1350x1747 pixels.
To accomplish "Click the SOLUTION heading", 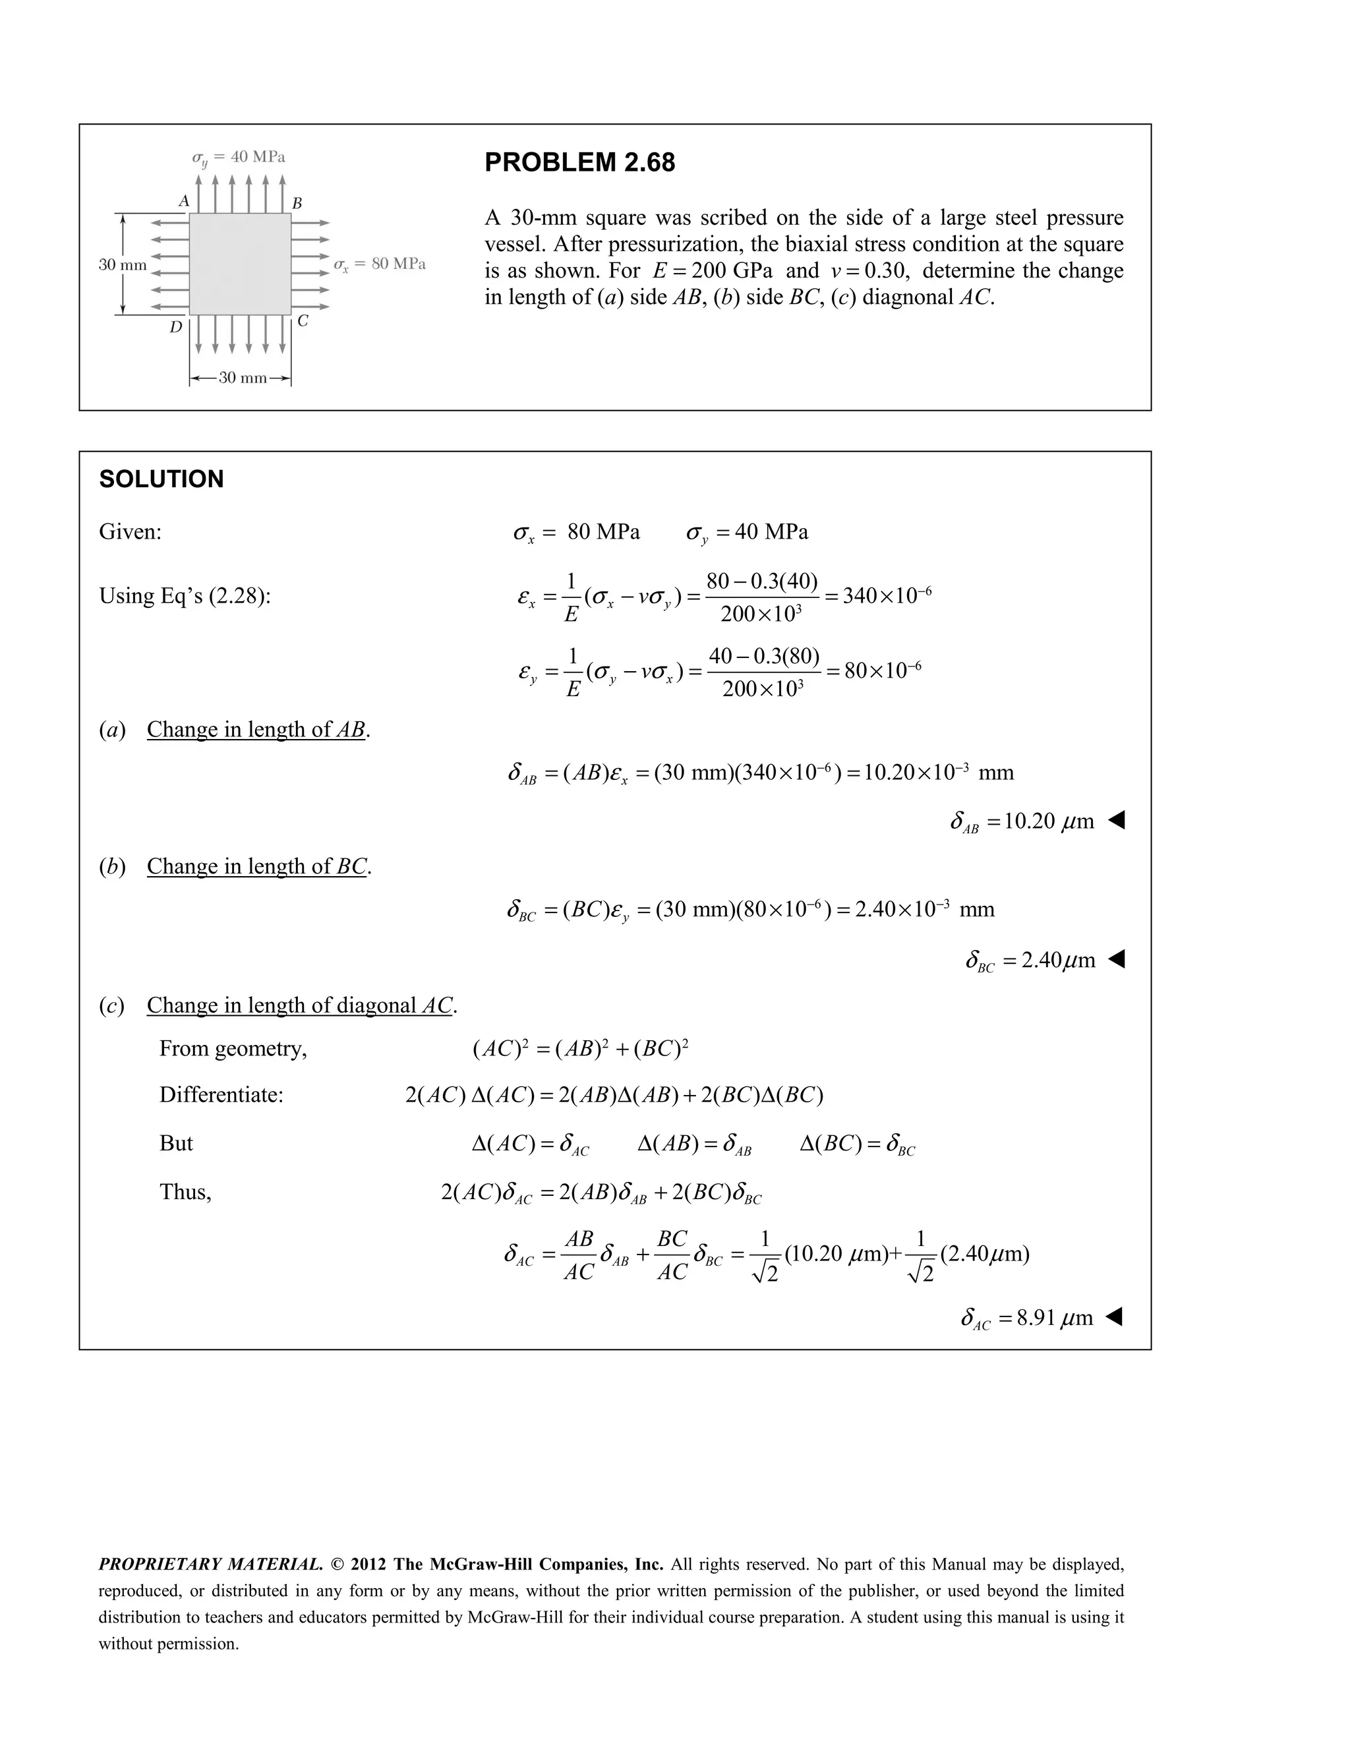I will (x=161, y=479).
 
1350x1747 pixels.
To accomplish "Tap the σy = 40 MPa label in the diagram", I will (x=239, y=157).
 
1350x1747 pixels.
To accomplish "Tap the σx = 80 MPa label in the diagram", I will (x=379, y=264).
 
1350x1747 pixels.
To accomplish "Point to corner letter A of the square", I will (x=183, y=201).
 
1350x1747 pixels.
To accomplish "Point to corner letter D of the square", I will (x=175, y=326).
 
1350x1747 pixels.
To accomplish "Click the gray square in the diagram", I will (x=240, y=264).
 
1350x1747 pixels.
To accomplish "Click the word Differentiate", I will (x=221, y=1094).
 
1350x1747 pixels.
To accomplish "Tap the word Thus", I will (x=185, y=1192).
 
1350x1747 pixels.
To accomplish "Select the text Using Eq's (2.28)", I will (x=185, y=596).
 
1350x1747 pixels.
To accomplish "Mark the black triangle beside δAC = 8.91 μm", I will (x=1114, y=1316).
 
